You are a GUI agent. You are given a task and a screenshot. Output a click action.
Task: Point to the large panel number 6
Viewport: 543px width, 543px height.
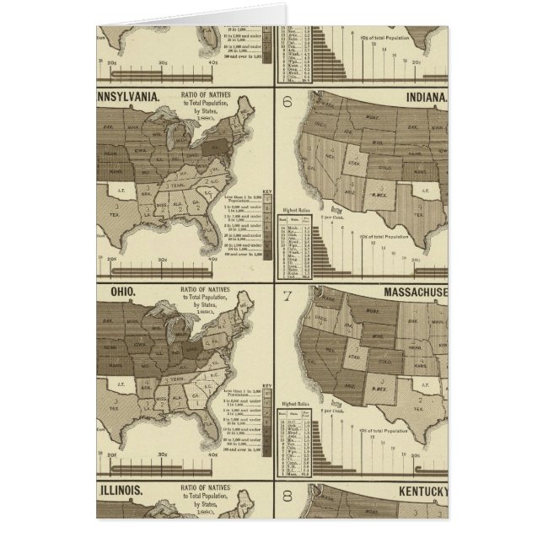(286, 105)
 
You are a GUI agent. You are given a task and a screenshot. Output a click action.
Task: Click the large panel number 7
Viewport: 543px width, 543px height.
(287, 296)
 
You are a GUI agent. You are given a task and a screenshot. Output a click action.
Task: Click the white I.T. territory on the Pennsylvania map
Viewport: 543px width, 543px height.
(123, 191)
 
